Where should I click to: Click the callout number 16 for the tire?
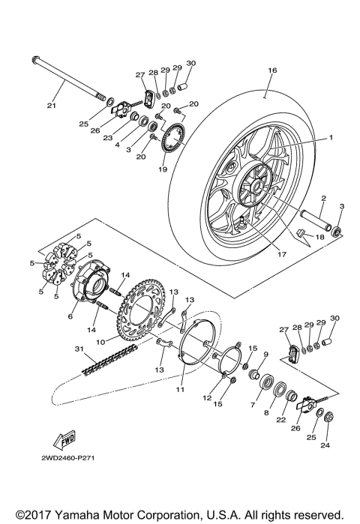click(x=272, y=70)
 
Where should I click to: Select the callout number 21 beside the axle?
click(x=51, y=105)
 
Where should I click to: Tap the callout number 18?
click(x=321, y=237)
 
